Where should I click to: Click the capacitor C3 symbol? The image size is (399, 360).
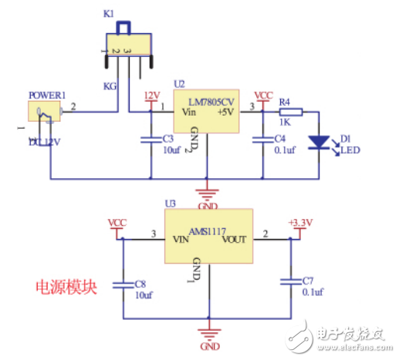(x=150, y=140)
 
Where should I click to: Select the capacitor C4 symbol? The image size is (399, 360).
(x=263, y=140)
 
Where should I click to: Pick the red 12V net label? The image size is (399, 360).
(x=152, y=96)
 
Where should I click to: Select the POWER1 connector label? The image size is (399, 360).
(x=46, y=95)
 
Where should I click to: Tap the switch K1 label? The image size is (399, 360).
(x=108, y=14)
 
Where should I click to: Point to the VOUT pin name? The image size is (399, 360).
(x=235, y=240)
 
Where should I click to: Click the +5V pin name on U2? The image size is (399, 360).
(x=225, y=113)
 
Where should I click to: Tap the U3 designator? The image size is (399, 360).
(x=171, y=204)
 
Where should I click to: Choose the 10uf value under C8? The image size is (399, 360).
(x=144, y=295)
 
